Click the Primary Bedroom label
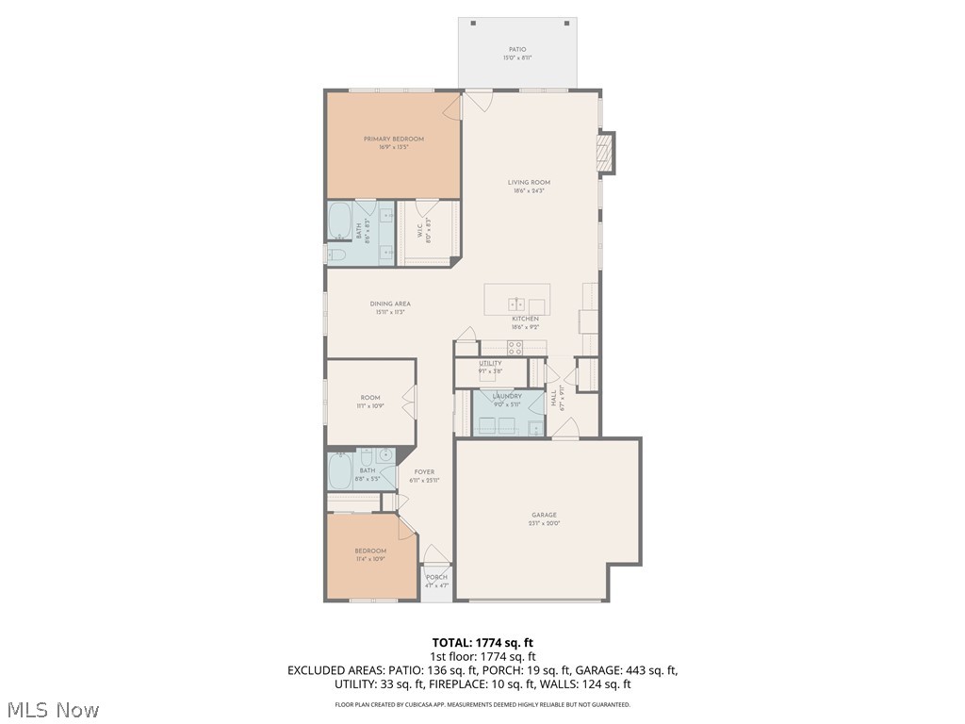(394, 140)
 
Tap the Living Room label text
(529, 183)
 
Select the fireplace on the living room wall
(606, 153)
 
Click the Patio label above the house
(517, 50)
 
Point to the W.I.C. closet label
(421, 227)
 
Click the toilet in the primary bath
(336, 254)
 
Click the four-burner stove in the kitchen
(515, 347)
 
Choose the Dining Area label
(389, 304)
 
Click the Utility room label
(490, 363)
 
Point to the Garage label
(544, 515)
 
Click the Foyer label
(424, 472)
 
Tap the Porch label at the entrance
(436, 577)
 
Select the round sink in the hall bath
(385, 456)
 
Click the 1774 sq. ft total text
(482, 642)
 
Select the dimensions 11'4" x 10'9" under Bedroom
(370, 559)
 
